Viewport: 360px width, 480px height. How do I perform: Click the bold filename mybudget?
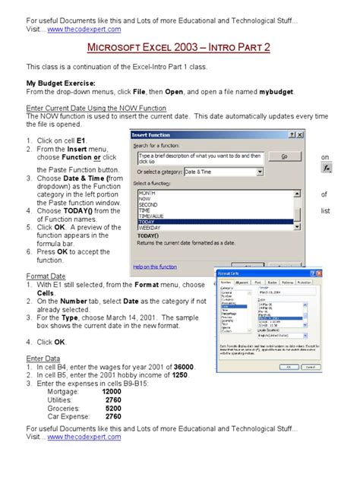point(273,91)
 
